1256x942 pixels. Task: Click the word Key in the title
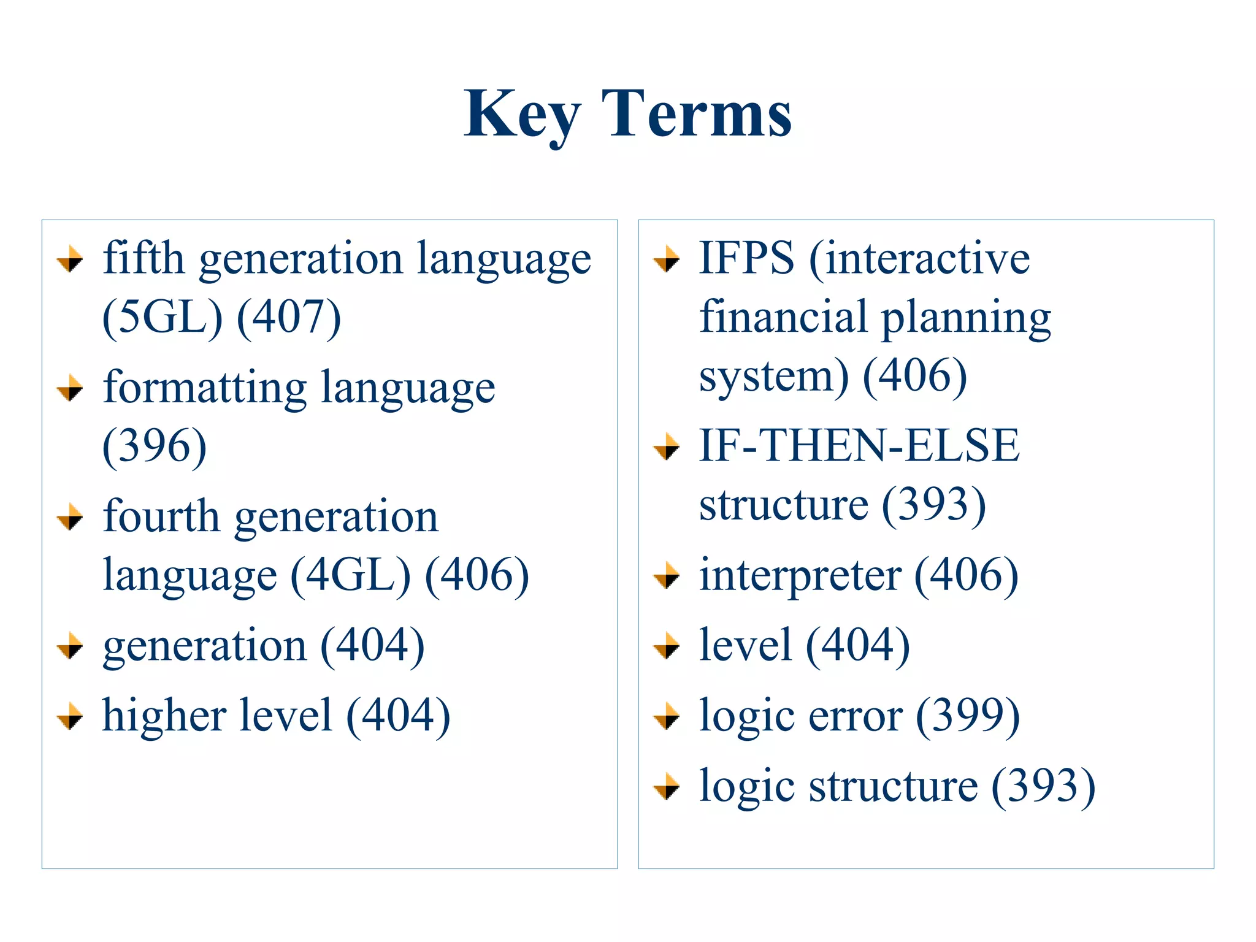point(521,115)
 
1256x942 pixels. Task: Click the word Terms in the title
point(697,115)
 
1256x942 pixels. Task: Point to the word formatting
point(205,389)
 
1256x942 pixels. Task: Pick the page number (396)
point(155,446)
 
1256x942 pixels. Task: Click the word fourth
point(161,516)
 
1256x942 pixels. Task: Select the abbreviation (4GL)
point(350,575)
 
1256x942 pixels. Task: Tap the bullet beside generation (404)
point(70,646)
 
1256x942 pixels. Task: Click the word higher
point(164,716)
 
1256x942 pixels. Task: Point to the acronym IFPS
point(746,258)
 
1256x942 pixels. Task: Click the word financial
point(783,317)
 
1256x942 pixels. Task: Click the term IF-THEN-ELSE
point(859,446)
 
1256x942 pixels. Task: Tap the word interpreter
point(800,576)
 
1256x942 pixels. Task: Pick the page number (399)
point(968,716)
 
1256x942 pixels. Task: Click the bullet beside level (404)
point(667,646)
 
